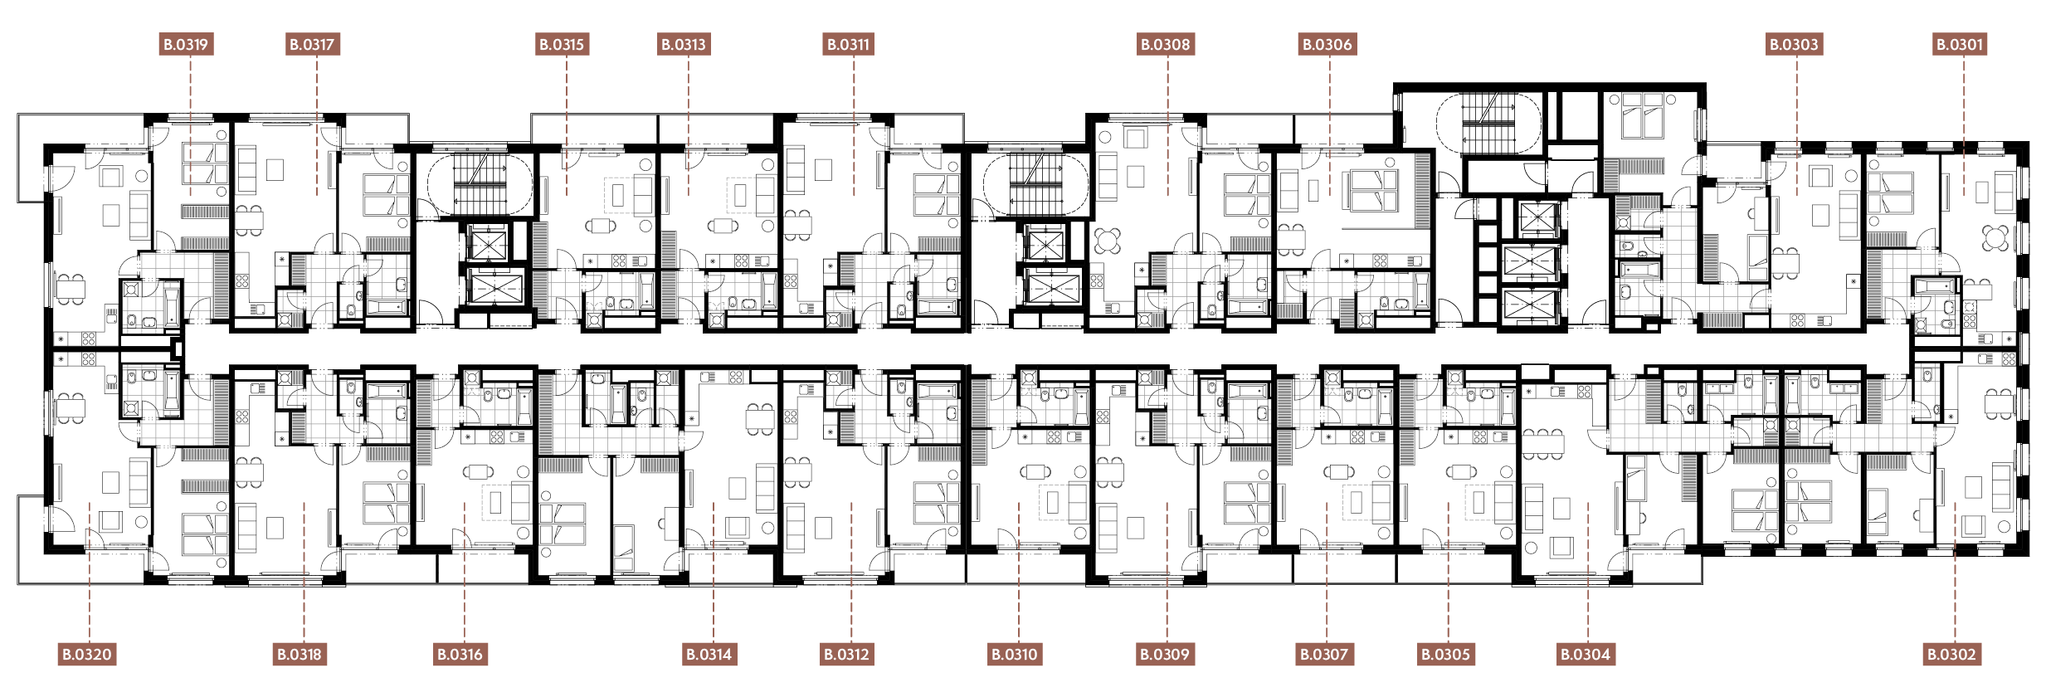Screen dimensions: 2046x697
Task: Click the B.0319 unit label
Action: click(x=186, y=44)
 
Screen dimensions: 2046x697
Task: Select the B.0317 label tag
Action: click(x=312, y=44)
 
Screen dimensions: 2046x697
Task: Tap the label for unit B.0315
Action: click(x=562, y=44)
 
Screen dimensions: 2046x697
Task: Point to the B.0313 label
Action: click(x=684, y=44)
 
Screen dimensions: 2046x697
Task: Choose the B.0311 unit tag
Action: click(x=849, y=44)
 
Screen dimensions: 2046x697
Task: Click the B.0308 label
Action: click(x=1165, y=44)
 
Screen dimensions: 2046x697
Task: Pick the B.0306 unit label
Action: click(x=1327, y=44)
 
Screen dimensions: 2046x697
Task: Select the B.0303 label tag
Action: click(x=1794, y=44)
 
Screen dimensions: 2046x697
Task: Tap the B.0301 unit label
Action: click(x=1960, y=44)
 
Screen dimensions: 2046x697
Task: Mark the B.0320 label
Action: click(x=87, y=654)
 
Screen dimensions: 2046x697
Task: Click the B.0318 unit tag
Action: click(x=299, y=654)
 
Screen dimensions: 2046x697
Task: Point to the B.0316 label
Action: click(x=460, y=654)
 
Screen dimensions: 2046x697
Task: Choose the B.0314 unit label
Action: click(x=709, y=654)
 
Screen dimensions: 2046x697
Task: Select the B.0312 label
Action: click(x=846, y=654)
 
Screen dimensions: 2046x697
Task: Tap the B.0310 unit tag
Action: click(x=1015, y=654)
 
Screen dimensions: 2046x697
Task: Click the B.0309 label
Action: click(x=1165, y=654)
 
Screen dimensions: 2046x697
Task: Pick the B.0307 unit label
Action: click(x=1324, y=654)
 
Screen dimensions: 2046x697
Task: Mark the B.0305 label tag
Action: click(x=1446, y=654)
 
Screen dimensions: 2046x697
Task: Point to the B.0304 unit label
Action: click(x=1586, y=654)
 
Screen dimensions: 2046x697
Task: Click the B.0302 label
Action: click(x=1951, y=654)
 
